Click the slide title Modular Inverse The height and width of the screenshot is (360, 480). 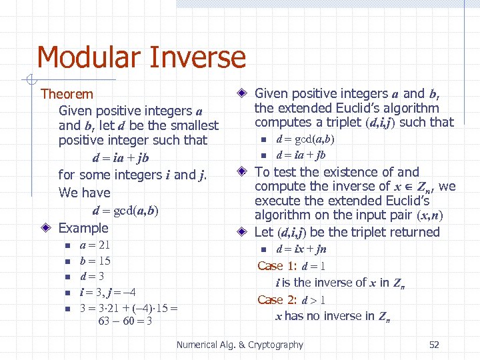(141, 57)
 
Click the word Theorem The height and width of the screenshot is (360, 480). (67, 94)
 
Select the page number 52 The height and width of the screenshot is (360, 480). (434, 345)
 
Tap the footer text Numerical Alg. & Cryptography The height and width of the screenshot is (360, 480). (239, 345)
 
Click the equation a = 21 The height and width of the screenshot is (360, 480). (95, 245)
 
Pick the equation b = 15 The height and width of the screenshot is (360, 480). (95, 261)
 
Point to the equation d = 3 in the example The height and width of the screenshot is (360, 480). (92, 276)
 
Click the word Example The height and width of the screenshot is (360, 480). (83, 228)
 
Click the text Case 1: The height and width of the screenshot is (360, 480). (278, 266)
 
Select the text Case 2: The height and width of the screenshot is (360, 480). (278, 299)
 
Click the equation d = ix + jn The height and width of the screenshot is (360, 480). (301, 249)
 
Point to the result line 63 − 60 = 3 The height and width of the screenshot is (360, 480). (125, 321)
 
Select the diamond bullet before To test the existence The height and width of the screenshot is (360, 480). (244, 173)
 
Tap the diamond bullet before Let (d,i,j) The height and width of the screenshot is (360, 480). (244, 233)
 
